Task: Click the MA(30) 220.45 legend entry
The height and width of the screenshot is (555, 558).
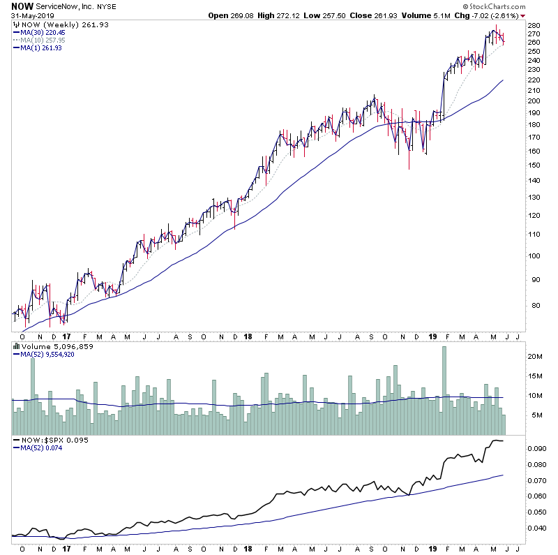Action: [38, 31]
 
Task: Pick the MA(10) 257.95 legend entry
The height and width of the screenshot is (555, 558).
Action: [38, 40]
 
